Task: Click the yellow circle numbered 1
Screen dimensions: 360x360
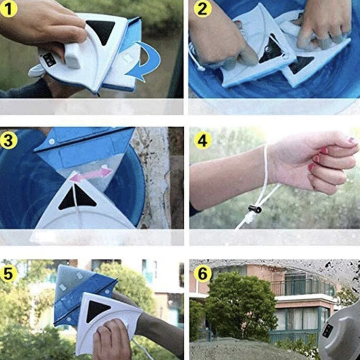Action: click(x=9, y=9)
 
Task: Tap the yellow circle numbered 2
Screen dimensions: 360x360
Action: click(x=203, y=9)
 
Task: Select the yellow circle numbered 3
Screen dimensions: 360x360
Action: click(x=9, y=140)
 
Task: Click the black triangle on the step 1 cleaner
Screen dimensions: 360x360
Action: click(x=101, y=32)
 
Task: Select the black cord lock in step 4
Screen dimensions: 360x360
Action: click(x=255, y=209)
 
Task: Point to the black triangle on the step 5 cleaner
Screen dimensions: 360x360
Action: click(x=96, y=312)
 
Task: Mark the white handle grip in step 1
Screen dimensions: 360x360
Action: click(x=73, y=56)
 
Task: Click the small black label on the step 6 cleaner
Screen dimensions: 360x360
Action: click(x=328, y=331)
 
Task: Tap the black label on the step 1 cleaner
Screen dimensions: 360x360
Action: click(x=49, y=60)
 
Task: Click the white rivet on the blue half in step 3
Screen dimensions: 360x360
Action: click(x=52, y=142)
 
